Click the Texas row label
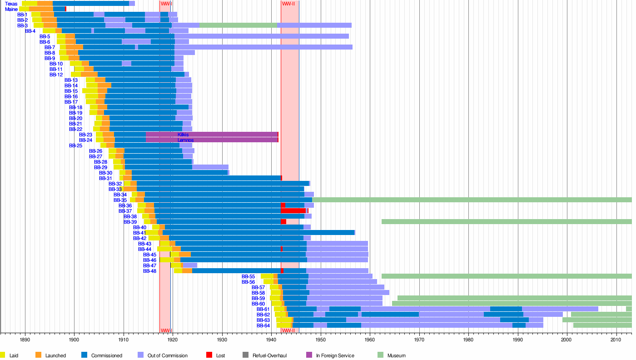pos(11,4)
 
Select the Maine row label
pos(11,9)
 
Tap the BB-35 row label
pos(120,200)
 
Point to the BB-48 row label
pos(149,271)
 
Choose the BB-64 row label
pos(263,325)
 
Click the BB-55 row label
pos(248,276)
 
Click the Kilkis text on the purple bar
pos(183,135)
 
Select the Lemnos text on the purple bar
pos(185,140)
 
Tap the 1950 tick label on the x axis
pos(321,339)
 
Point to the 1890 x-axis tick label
pos(25,339)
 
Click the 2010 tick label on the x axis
pos(616,339)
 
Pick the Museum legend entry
pos(396,355)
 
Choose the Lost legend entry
pos(220,355)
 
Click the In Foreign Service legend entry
pos(335,355)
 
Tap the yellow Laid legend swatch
pos(3,355)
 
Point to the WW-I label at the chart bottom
pos(165,330)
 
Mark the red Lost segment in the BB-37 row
pos(293,211)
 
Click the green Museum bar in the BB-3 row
pos(238,25)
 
